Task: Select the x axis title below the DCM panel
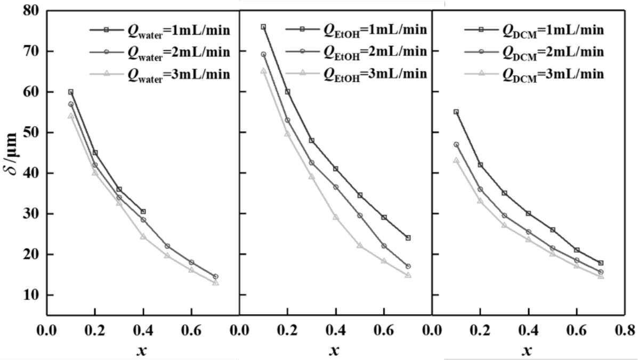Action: (527, 350)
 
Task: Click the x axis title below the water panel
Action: (142, 350)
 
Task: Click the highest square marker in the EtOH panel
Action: (263, 27)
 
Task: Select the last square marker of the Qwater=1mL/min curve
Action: (143, 212)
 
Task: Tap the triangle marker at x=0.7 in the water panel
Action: (215, 283)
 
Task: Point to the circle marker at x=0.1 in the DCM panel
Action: (456, 145)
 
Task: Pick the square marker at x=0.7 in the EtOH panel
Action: (408, 238)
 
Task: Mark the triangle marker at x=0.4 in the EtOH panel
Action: (336, 218)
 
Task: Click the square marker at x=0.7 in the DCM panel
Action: (601, 263)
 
